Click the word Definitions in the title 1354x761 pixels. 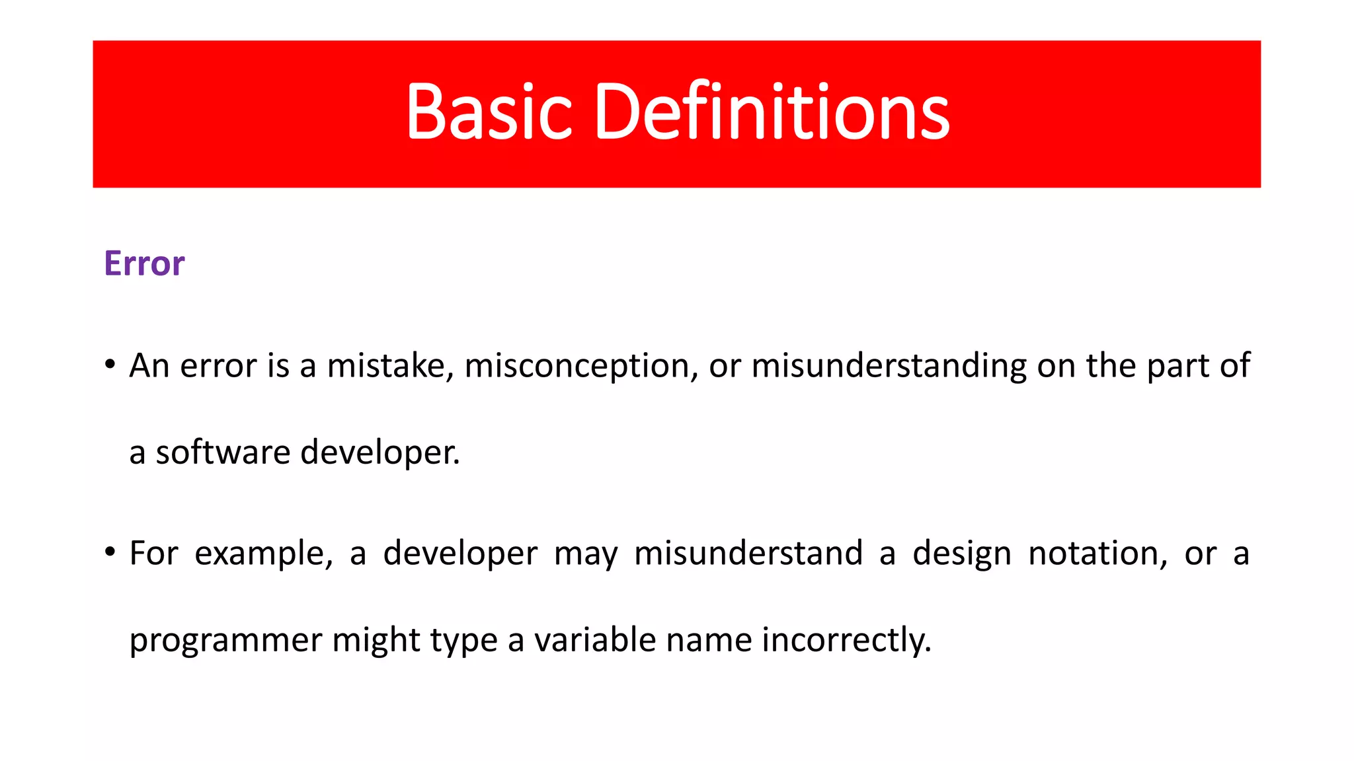[x=772, y=112]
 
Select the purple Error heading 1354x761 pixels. [x=144, y=264]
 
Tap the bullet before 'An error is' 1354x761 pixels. [x=110, y=365]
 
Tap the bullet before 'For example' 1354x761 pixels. [x=110, y=552]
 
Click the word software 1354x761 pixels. [x=223, y=453]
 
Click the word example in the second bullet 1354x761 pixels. [x=263, y=554]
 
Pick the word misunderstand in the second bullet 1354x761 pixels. [x=748, y=553]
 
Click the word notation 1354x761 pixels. [x=1098, y=553]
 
